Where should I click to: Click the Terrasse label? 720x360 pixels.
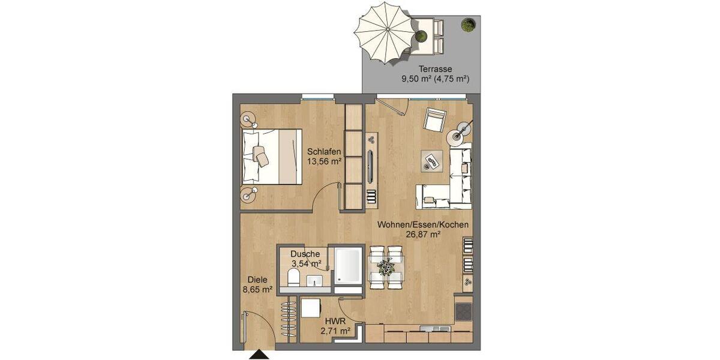pyautogui.click(x=435, y=69)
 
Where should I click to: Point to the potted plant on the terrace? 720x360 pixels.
pyautogui.click(x=467, y=25)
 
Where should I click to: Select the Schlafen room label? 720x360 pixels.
pyautogui.click(x=325, y=151)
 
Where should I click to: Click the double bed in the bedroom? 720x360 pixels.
pyautogui.click(x=271, y=156)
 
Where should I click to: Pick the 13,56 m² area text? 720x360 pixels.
pyautogui.click(x=325, y=161)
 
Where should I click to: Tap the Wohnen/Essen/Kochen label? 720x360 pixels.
pyautogui.click(x=423, y=225)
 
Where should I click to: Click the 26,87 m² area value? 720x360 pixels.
pyautogui.click(x=422, y=235)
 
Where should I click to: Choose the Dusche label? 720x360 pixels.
pyautogui.click(x=305, y=253)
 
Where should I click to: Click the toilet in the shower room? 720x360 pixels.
pyautogui.click(x=294, y=278)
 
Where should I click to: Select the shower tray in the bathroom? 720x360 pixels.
pyautogui.click(x=348, y=266)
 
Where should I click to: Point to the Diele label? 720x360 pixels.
pyautogui.click(x=257, y=280)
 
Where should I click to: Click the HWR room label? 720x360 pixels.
pyautogui.click(x=335, y=320)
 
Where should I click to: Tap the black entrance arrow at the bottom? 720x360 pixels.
pyautogui.click(x=260, y=356)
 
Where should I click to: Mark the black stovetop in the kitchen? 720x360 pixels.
pyautogui.click(x=463, y=311)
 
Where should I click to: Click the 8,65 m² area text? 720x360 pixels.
pyautogui.click(x=257, y=289)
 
